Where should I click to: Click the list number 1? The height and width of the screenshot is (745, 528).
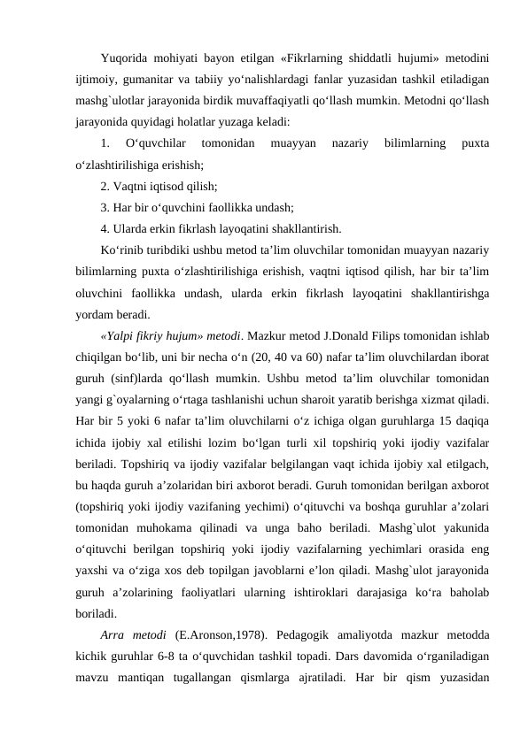click(x=105, y=143)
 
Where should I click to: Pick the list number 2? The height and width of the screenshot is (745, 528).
click(x=105, y=186)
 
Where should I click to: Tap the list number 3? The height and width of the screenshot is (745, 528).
click(x=105, y=208)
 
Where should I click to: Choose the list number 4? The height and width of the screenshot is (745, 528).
click(x=105, y=229)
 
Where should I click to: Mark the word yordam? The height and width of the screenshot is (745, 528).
click(x=95, y=314)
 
